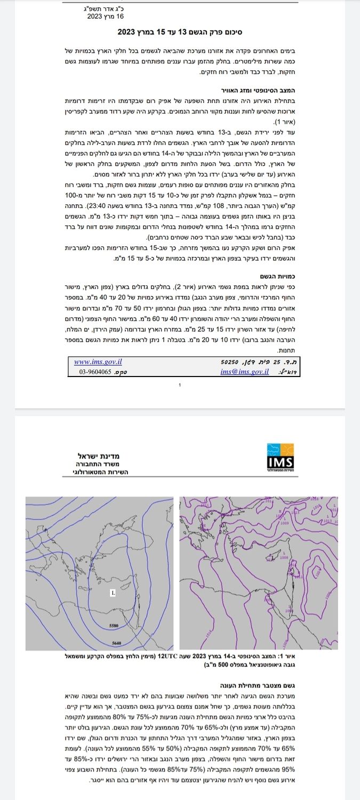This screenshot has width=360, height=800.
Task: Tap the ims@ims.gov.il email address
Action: point(244,371)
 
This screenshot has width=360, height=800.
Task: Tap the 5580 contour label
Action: point(113,625)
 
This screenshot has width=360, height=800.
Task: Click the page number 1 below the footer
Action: point(180,385)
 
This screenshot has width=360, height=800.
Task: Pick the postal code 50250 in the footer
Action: point(231,362)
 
